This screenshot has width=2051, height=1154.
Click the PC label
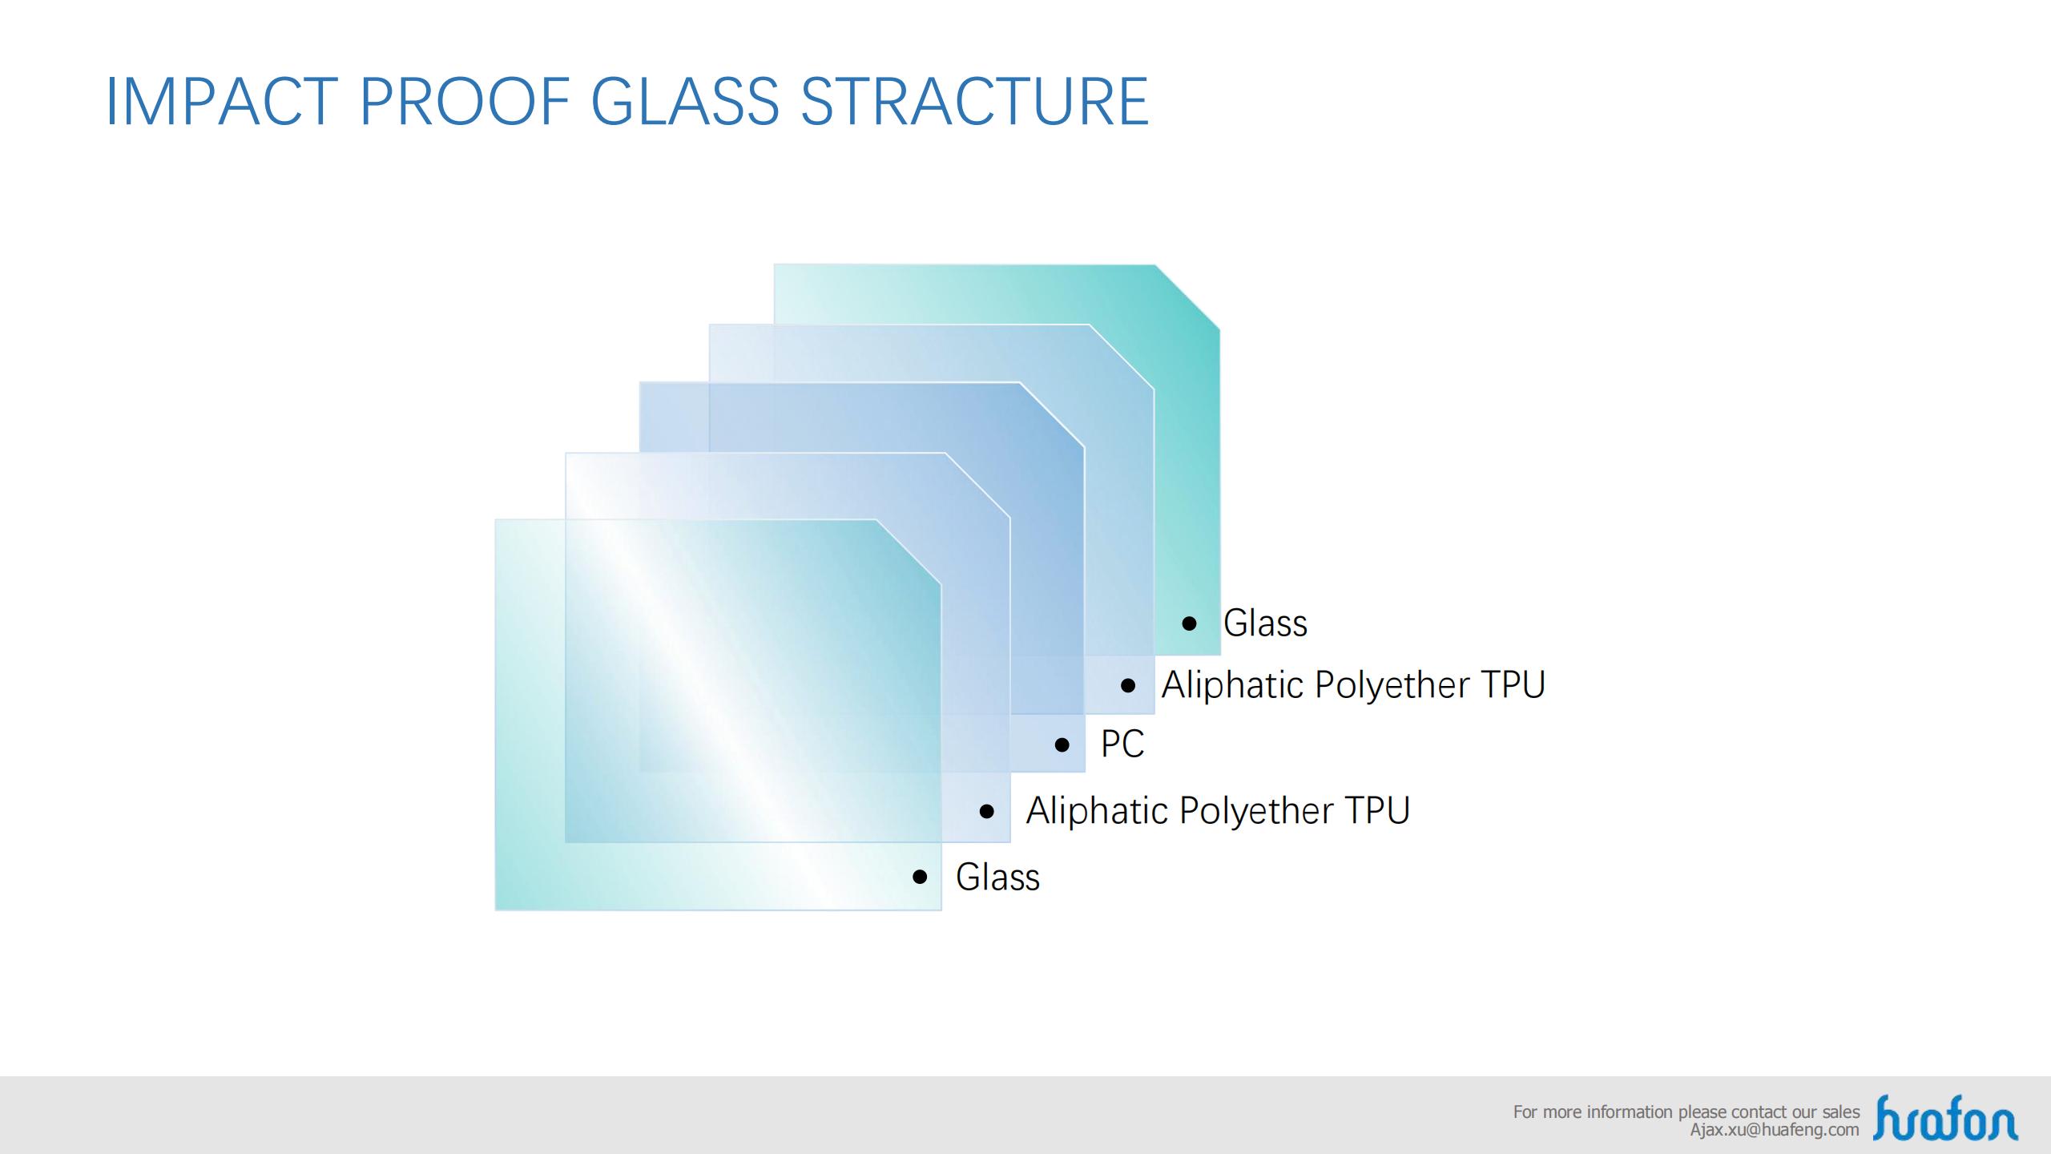(x=1122, y=744)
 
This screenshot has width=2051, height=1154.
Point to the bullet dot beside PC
(x=1062, y=745)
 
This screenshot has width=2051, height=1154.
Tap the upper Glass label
(x=1265, y=623)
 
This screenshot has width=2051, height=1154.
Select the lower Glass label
(x=997, y=877)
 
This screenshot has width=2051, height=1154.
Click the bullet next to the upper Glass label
(x=1190, y=623)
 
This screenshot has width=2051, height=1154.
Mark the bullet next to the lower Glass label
(x=921, y=877)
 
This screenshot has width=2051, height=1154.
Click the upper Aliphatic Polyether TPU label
(x=1353, y=685)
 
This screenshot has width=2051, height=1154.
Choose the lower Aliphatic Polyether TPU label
(x=1218, y=811)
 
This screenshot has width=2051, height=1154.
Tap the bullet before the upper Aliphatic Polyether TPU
(x=1129, y=685)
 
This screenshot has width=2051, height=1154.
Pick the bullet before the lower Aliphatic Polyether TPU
(x=987, y=811)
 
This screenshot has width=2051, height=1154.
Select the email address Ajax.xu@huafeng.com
(x=1775, y=1130)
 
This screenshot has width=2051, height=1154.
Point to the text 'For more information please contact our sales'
(x=1686, y=1112)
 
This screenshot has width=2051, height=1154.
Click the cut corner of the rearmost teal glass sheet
(x=1187, y=297)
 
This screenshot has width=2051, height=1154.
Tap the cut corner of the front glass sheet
(x=909, y=552)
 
